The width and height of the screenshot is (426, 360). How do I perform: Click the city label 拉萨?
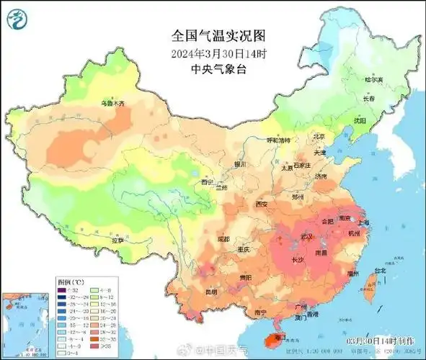[120, 239]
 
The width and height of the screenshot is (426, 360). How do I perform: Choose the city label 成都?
[223, 239]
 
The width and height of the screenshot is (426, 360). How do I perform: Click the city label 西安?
[261, 205]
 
